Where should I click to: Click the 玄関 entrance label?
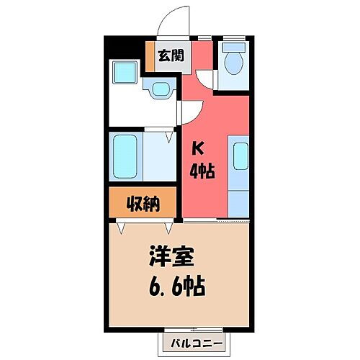170,54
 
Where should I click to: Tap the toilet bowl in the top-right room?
233,64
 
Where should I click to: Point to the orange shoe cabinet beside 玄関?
150,55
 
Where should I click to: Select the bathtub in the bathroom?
127,155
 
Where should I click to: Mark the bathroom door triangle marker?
170,135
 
